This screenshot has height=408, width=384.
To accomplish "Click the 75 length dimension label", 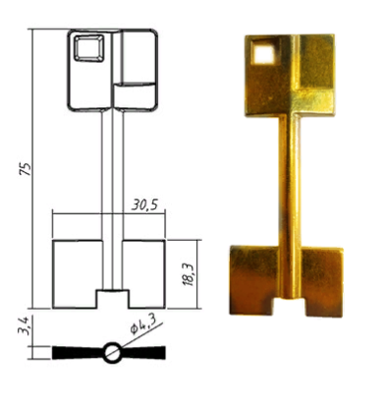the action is [x=26, y=168].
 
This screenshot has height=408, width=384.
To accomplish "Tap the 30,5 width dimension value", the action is [x=144, y=204].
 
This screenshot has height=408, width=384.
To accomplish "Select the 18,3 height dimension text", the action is [x=189, y=274].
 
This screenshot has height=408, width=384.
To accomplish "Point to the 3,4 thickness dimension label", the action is [x=24, y=325].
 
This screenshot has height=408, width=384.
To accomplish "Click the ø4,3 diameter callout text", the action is [x=142, y=322].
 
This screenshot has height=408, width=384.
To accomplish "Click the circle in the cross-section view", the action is [x=113, y=352].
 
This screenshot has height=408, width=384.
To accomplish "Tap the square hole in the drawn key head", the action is [x=88, y=48].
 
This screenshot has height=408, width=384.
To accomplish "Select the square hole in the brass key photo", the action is [x=263, y=52].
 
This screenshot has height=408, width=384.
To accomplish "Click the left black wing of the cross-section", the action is [x=79, y=352].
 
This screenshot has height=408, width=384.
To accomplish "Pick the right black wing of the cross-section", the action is [x=143, y=352].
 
